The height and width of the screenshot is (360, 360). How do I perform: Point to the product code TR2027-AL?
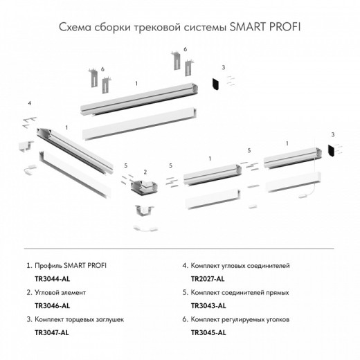[x=208, y=278]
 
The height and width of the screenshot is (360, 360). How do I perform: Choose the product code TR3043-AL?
[x=208, y=305]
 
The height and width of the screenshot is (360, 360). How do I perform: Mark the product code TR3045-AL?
[x=208, y=332]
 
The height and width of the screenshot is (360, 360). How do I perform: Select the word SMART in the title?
[x=244, y=27]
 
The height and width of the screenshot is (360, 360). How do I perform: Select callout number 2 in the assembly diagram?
[x=144, y=171]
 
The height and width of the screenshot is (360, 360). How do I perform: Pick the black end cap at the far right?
[x=332, y=150]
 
